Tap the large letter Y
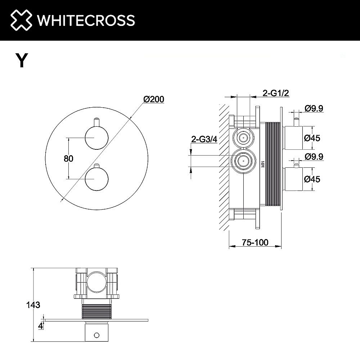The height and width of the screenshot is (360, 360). click(22, 60)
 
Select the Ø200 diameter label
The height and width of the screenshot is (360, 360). click(154, 99)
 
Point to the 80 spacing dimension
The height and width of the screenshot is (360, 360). click(68, 158)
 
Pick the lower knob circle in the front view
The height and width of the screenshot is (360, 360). click(96, 179)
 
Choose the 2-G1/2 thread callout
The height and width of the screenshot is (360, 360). click(276, 93)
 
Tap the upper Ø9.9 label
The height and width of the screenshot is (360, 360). click(314, 108)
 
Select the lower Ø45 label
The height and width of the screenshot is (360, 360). click(312, 179)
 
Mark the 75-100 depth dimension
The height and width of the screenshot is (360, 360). click(255, 242)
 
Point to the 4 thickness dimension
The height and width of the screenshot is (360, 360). click(41, 326)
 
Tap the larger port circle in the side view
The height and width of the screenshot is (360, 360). click(243, 162)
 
